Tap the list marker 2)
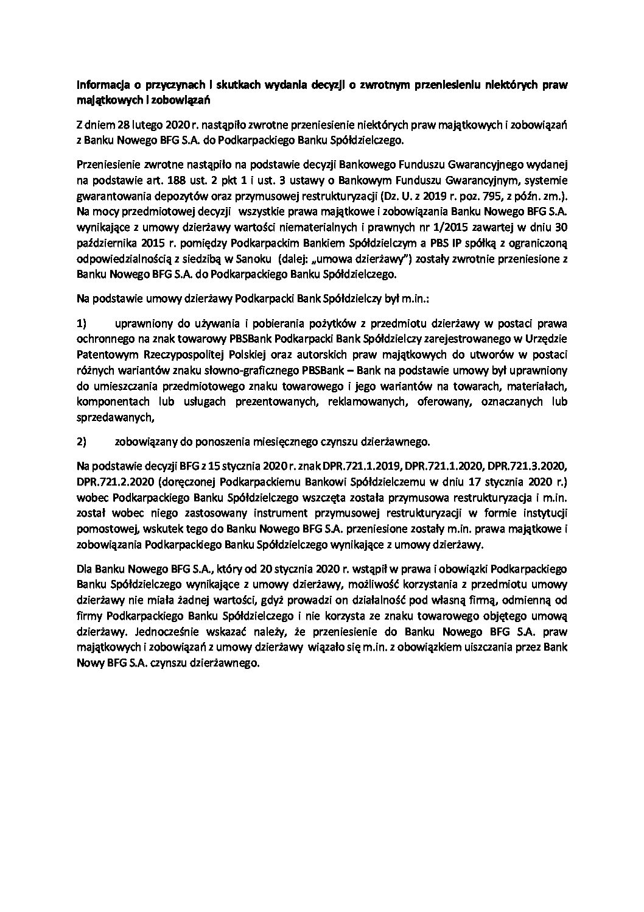click(x=83, y=440)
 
